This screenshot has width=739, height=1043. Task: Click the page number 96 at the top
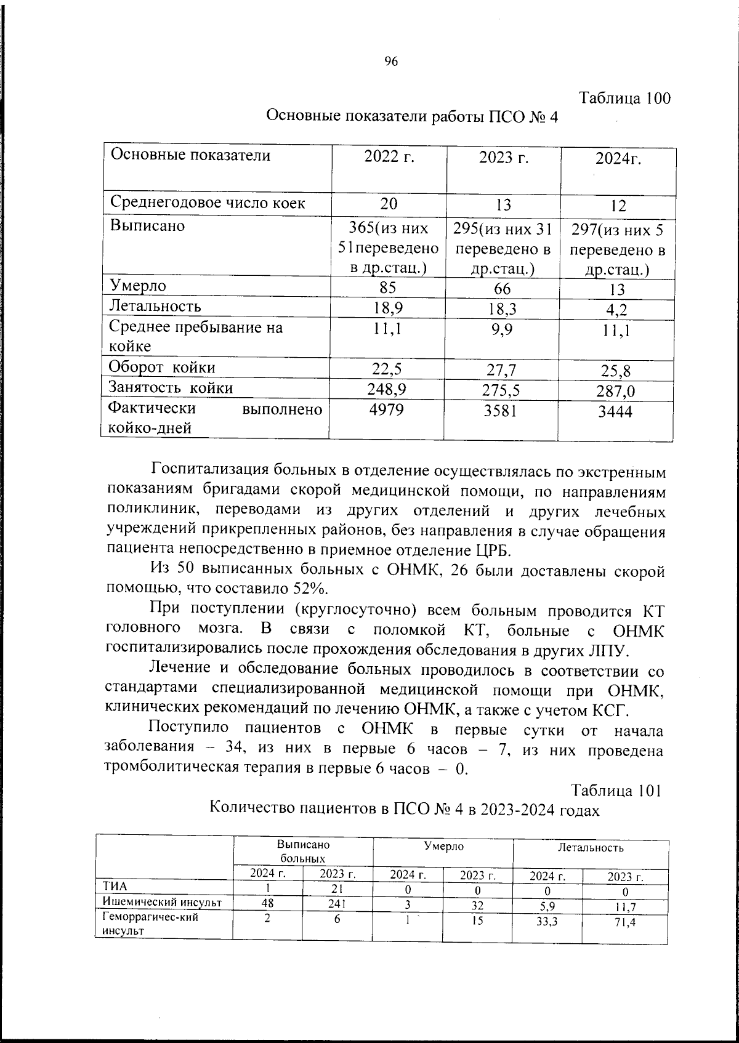391,61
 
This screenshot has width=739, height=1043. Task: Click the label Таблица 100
625,99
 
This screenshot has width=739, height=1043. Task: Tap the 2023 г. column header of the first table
504,158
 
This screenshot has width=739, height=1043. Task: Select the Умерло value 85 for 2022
388,288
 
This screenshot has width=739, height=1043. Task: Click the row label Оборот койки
162,368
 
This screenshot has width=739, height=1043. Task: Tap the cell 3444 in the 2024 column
615,413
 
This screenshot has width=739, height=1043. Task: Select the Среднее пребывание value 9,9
503,329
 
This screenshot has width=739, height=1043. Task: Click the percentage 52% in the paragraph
310,587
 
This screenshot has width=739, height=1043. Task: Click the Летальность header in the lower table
591,848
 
